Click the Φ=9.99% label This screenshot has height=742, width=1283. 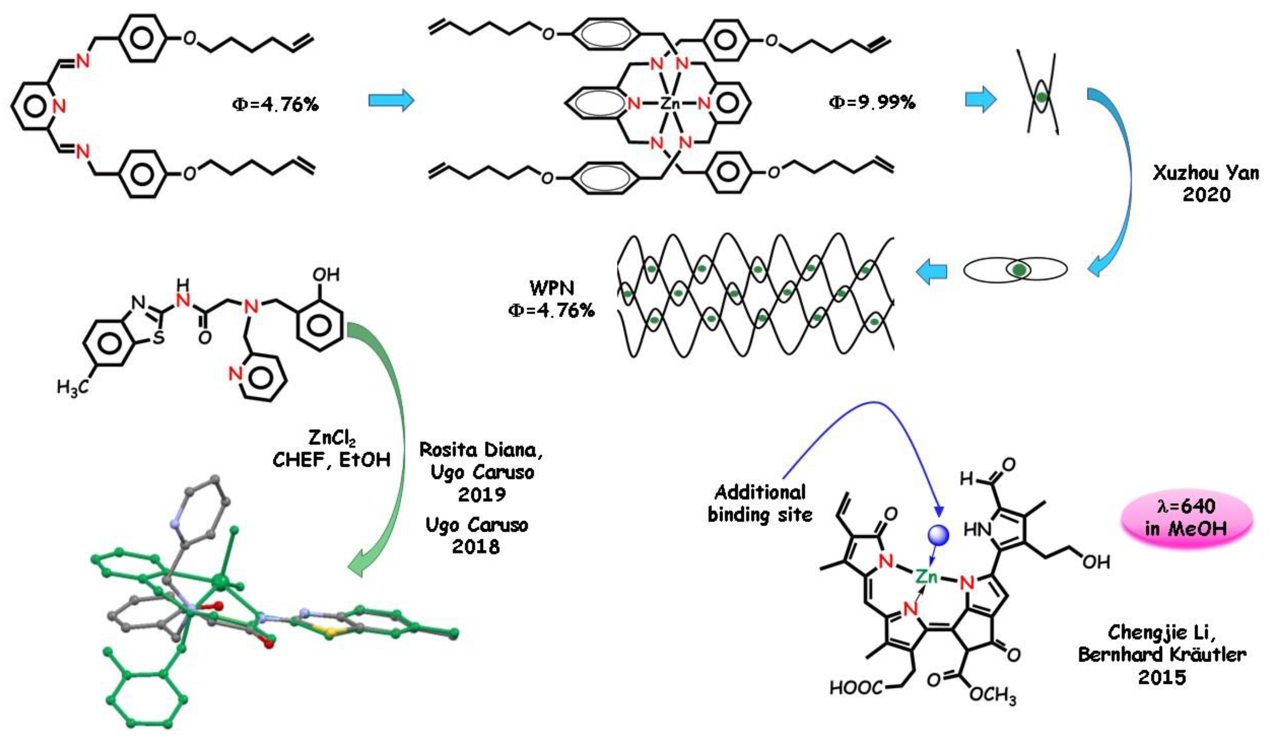click(872, 103)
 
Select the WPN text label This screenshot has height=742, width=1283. click(552, 288)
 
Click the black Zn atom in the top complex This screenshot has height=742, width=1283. click(670, 104)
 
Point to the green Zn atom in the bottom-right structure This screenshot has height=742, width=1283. click(926, 576)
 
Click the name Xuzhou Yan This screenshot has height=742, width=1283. click(1206, 173)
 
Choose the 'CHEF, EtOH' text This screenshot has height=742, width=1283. click(332, 460)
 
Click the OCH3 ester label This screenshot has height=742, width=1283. click(992, 695)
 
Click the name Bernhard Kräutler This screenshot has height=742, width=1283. click(1162, 654)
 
